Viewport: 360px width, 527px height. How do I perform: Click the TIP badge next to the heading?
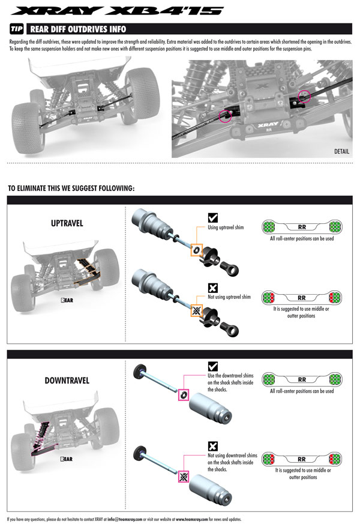[17, 30]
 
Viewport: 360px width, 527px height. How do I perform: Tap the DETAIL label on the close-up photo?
[341, 152]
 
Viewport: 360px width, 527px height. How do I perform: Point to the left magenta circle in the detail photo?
[226, 116]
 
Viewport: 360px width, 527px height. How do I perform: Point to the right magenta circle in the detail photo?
[305, 96]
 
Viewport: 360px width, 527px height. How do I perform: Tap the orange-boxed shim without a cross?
[196, 248]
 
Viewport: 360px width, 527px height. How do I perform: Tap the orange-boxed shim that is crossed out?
[196, 310]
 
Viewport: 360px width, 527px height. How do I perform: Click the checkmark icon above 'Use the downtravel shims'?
[212, 366]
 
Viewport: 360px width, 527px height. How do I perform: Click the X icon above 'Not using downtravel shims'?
[212, 446]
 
